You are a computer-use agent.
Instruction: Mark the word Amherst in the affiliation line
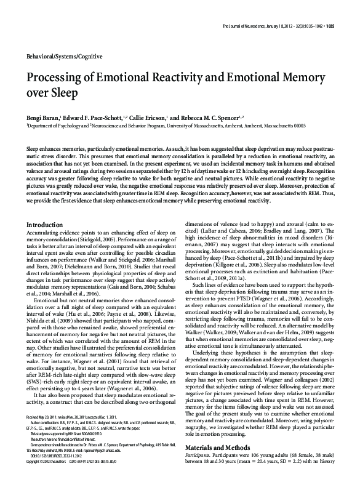(x=254, y=124)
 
